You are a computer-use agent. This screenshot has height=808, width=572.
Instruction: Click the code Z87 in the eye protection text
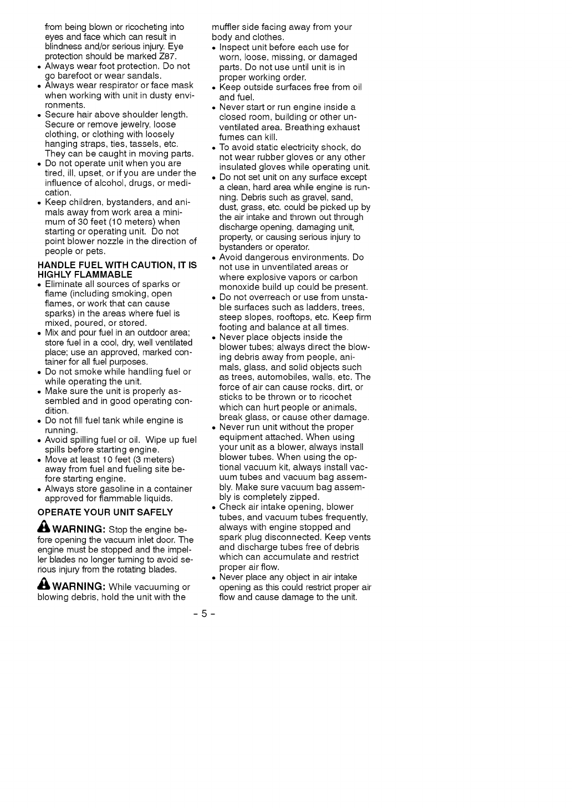[167, 57]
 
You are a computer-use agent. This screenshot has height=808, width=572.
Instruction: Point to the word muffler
[227, 27]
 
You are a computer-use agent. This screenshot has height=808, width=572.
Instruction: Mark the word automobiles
[267, 377]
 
